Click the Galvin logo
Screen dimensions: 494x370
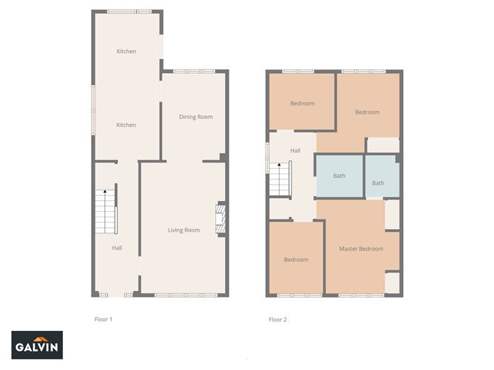point(37,345)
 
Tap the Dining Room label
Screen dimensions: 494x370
point(196,117)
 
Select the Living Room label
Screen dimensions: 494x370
point(183,230)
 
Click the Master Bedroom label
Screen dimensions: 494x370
point(362,249)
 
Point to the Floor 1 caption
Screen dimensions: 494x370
point(104,319)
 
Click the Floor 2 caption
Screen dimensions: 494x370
point(277,320)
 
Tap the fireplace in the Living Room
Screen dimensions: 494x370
point(220,219)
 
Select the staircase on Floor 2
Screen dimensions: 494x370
point(279,179)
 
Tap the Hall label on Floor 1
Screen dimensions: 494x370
point(117,248)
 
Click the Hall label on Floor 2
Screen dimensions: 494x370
point(295,151)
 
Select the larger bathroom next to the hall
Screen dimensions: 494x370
point(339,177)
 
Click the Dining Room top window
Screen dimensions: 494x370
point(194,72)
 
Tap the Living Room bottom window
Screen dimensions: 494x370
point(186,295)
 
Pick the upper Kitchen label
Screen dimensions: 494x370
point(126,51)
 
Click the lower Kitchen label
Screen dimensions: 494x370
point(126,125)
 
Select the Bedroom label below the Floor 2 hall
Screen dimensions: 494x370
point(296,259)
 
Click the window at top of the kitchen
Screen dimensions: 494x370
point(129,12)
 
